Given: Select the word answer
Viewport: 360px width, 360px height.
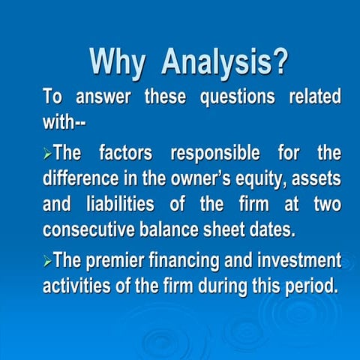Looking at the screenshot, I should pyautogui.click(x=102, y=97).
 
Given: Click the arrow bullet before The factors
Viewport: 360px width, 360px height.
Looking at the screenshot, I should pyautogui.click(x=47, y=155).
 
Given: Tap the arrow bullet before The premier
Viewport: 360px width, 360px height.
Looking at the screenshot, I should pyautogui.click(x=47, y=262).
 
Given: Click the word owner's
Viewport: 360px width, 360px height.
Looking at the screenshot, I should pyautogui.click(x=209, y=178).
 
